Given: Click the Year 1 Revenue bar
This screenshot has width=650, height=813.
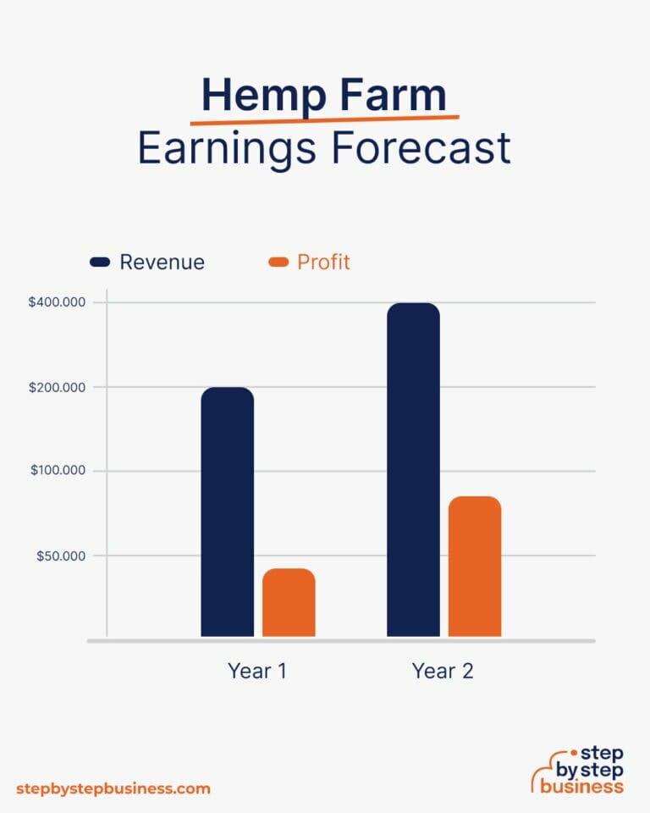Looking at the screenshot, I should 227,512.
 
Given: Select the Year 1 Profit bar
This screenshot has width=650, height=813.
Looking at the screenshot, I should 289,602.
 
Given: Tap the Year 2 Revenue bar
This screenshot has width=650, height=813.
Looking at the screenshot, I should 413,469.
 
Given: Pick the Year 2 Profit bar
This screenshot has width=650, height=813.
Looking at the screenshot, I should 475,566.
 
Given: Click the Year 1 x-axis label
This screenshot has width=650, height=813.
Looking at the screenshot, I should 257,672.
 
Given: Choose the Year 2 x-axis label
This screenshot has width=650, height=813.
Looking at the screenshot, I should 443,672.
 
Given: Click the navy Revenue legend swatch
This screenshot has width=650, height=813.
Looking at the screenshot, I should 100,263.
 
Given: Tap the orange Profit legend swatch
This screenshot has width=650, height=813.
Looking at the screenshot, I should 278,263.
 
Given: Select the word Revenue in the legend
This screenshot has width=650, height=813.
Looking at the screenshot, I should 162,263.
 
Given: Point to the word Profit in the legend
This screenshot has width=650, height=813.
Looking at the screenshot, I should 323,263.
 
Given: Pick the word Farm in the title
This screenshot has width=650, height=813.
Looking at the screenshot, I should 393,95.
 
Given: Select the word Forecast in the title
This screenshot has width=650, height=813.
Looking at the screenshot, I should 421,148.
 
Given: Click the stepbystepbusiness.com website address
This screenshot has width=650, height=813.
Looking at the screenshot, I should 113,788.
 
